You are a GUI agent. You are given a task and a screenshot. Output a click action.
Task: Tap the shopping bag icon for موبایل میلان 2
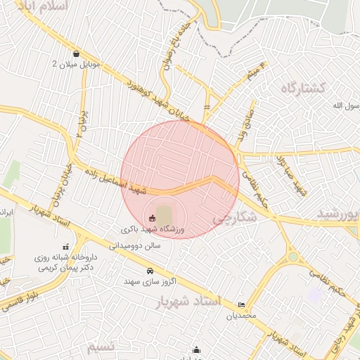tap(76, 53)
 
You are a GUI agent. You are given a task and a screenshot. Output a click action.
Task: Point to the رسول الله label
tap(345, 105)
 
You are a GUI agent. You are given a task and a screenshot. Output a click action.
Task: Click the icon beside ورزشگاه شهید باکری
tap(153, 217)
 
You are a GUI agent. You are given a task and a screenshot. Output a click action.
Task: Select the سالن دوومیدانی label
tap(135, 245)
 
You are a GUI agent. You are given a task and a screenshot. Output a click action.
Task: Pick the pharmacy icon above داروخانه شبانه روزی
tap(65, 247)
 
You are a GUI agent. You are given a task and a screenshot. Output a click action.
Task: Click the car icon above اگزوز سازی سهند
tap(150, 271)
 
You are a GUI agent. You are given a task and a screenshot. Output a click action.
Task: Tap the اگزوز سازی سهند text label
tap(148, 281)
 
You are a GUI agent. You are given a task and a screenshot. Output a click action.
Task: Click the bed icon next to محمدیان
tap(243, 304)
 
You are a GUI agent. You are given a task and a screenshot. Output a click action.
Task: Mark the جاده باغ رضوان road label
tap(169, 44)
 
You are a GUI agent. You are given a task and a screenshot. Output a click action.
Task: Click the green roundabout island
tap(292, 257)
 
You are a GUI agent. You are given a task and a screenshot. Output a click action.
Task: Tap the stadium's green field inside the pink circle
tap(164, 214)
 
